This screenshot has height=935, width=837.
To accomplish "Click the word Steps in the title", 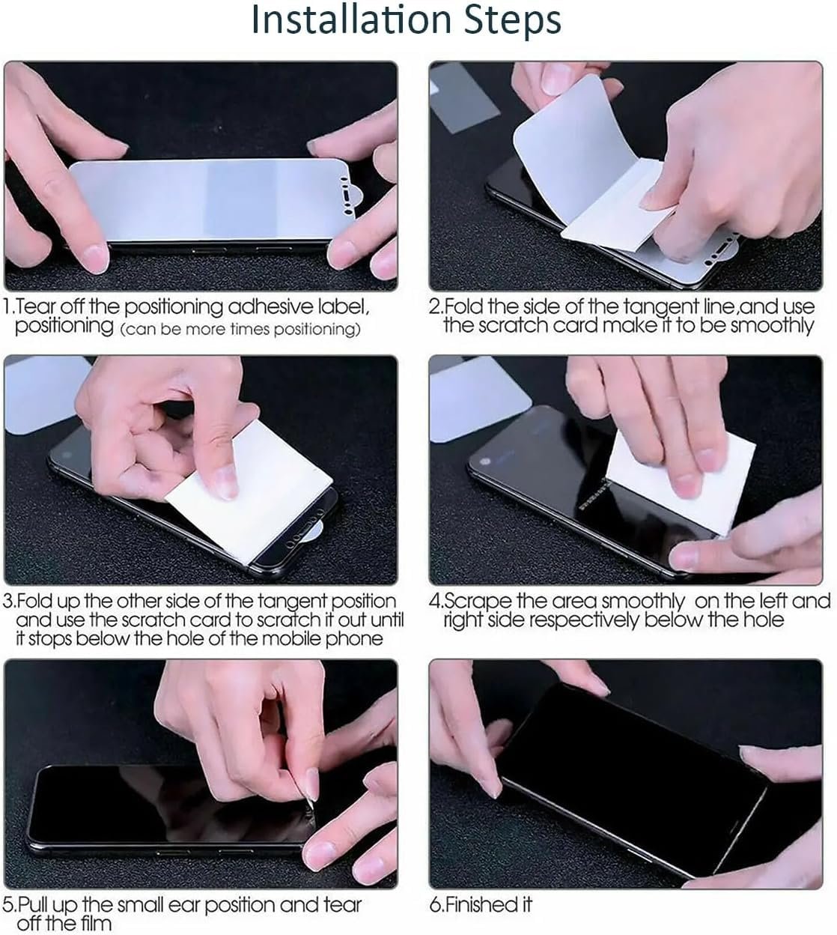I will [x=509, y=21].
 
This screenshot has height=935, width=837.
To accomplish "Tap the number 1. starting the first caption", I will [x=9, y=307].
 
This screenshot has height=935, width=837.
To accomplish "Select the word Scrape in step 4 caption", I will [x=479, y=602].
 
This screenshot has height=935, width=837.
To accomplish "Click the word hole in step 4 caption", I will [x=764, y=620].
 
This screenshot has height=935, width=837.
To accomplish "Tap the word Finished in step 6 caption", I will [x=477, y=905].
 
